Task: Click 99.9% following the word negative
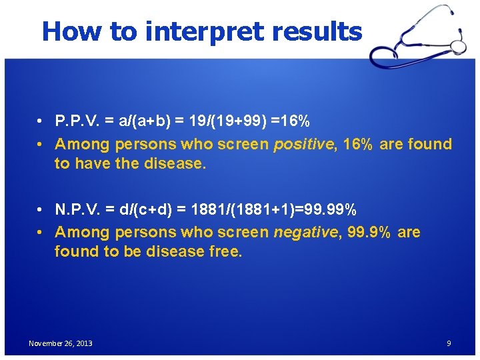369,232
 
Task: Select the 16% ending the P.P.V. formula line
294,122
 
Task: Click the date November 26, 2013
61,343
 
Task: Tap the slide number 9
449,343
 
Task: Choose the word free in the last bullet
226,251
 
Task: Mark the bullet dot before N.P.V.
41,211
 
